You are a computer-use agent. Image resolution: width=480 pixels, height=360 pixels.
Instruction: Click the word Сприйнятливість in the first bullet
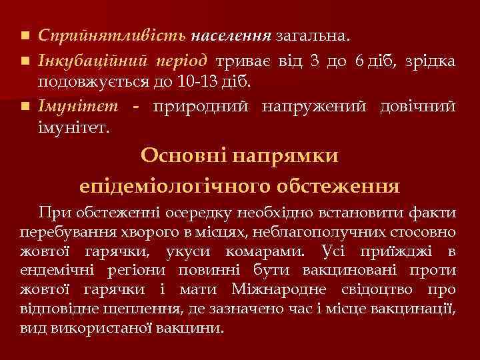coord(113,34)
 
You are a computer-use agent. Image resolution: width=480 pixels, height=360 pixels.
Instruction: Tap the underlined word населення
coord(231,34)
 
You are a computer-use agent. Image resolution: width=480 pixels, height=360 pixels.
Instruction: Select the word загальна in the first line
coord(313,34)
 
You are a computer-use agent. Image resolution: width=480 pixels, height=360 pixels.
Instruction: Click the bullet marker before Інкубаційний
coord(25,62)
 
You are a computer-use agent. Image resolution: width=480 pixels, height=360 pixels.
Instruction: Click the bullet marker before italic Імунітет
coord(25,106)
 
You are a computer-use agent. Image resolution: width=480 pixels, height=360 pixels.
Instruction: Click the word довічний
coord(418,106)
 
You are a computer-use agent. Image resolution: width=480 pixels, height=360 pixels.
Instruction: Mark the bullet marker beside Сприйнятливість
coord(25,34)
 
